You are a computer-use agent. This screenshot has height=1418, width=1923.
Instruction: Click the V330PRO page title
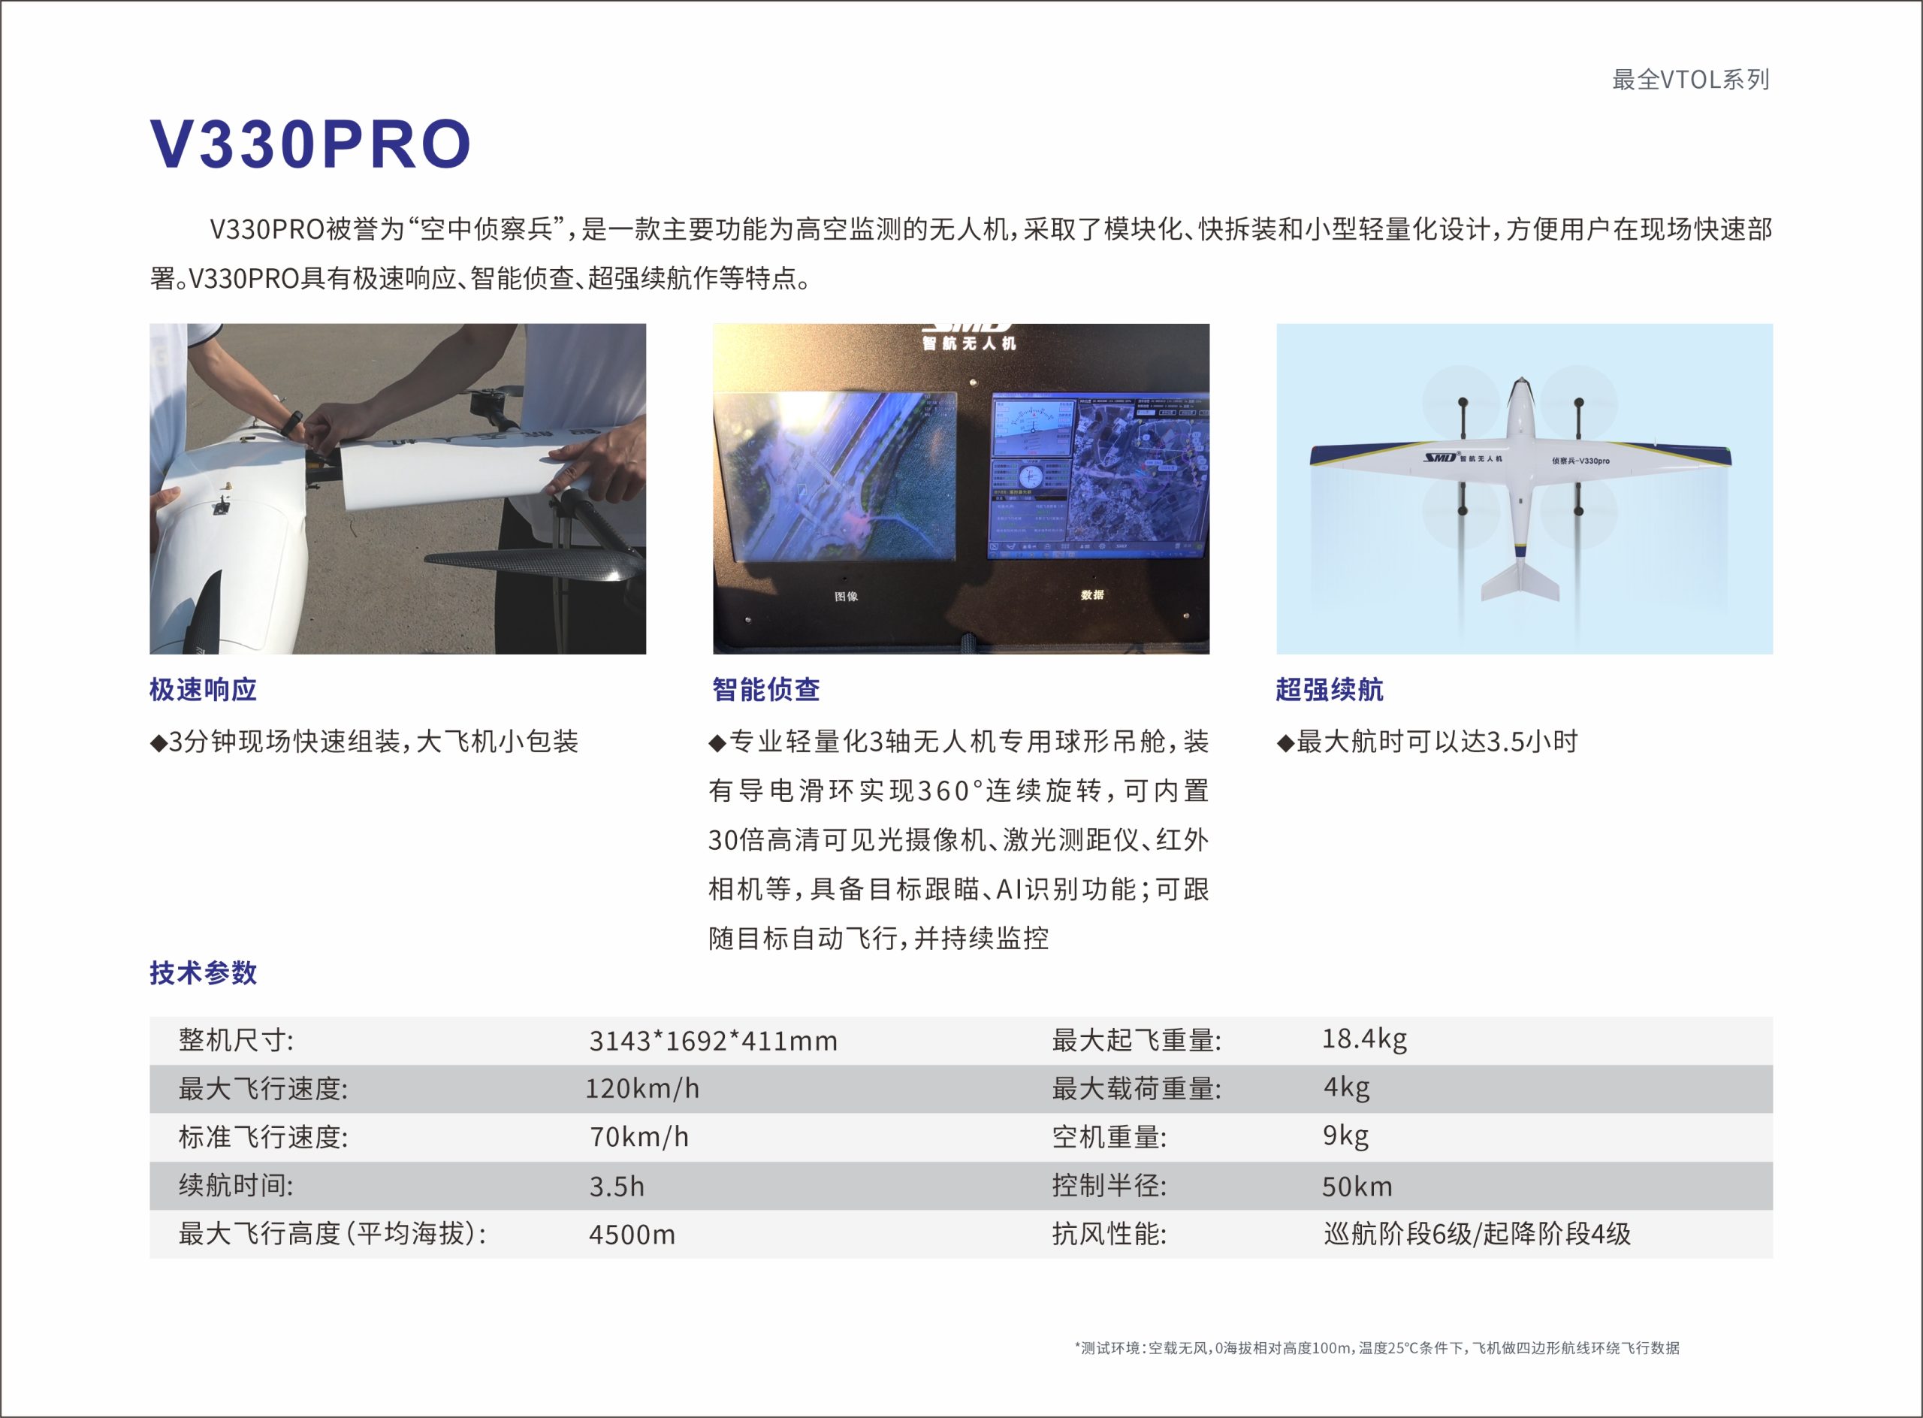[x=311, y=144]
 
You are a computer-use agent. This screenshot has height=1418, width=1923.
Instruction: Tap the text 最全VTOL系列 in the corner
[x=1690, y=80]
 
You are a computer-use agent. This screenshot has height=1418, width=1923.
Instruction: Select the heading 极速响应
[x=204, y=689]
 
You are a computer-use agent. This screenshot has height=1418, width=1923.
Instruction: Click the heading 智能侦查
[x=766, y=689]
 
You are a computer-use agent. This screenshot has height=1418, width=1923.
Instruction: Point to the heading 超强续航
[x=1329, y=689]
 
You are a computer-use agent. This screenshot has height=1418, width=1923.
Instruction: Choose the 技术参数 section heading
[x=204, y=972]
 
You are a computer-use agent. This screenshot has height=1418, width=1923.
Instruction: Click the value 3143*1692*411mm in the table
[x=713, y=1040]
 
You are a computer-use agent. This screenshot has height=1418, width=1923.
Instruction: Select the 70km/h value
[x=639, y=1137]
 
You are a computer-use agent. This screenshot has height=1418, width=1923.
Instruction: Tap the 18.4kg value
[x=1364, y=1039]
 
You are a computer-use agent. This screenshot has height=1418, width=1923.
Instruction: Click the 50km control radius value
[x=1357, y=1187]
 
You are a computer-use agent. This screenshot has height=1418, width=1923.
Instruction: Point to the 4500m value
[x=632, y=1235]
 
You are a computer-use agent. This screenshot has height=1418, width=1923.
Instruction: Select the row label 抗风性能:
[x=1109, y=1235]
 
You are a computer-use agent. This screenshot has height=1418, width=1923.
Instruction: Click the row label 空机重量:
[x=1109, y=1137]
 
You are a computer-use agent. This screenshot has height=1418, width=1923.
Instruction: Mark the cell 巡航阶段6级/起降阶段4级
[x=1477, y=1233]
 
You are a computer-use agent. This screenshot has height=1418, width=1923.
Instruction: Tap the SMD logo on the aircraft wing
[x=1441, y=457]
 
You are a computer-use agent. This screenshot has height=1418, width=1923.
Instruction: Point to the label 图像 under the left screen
[x=846, y=596]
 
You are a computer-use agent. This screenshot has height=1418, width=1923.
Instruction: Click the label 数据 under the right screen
[x=1092, y=594]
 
